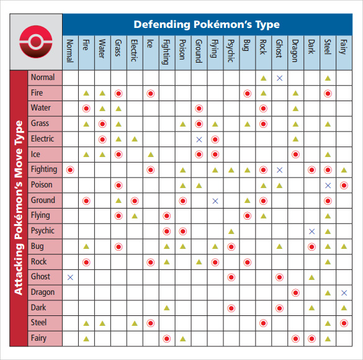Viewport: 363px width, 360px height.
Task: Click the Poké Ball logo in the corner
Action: [x=36, y=42]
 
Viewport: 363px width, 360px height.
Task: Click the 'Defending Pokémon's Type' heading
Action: [x=207, y=25]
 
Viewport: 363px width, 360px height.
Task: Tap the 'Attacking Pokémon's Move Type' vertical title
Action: [x=19, y=208]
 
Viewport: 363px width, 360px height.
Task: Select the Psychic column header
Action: [x=231, y=51]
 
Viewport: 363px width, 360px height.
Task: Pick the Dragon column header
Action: [x=295, y=51]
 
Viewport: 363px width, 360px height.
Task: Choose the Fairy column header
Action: [x=344, y=47]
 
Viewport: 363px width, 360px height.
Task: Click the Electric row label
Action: [x=42, y=138]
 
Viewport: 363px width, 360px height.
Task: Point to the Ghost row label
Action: [x=40, y=276]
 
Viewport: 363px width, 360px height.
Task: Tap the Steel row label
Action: [x=38, y=323]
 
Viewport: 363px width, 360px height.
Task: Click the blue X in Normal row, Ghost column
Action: [x=279, y=78]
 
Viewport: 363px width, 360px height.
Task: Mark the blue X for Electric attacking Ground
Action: [x=199, y=140]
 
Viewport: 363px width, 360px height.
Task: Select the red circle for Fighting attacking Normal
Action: [x=70, y=170]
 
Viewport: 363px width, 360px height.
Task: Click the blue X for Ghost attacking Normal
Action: [x=70, y=277]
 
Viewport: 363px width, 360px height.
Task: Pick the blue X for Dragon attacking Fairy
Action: [x=344, y=293]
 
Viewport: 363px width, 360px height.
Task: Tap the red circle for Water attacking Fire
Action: [x=86, y=109]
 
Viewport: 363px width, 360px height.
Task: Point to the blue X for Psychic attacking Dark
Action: [x=311, y=232]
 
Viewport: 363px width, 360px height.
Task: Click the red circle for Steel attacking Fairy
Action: [x=344, y=323]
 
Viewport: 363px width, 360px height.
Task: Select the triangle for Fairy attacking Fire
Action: [x=86, y=339]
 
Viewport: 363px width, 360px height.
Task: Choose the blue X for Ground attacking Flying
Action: [x=215, y=201]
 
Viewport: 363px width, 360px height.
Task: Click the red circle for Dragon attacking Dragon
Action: [x=295, y=293]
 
